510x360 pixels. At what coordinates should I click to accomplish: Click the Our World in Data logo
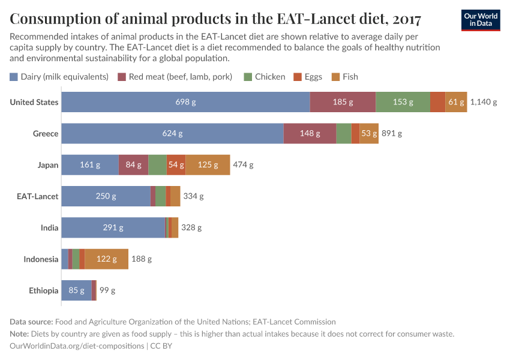tap(480, 20)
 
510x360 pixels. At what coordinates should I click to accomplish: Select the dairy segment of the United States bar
tap(185, 102)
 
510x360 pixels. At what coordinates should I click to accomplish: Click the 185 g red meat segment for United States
tap(343, 102)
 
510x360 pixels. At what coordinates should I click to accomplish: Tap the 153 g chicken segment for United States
tap(403, 102)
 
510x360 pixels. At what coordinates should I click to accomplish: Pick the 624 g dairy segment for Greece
tap(172, 133)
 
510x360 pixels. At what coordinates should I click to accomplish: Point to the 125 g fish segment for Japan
tap(208, 164)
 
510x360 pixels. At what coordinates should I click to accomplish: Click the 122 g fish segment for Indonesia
tap(106, 259)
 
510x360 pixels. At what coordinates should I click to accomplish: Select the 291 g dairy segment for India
tap(113, 227)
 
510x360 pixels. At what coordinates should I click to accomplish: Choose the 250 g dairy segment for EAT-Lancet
tap(106, 196)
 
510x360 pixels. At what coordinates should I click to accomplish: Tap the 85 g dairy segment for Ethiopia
tap(76, 290)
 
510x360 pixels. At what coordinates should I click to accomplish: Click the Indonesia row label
tap(41, 259)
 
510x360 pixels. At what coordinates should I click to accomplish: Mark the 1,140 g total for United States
tap(483, 102)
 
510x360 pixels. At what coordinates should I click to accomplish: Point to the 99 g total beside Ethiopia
tap(107, 290)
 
